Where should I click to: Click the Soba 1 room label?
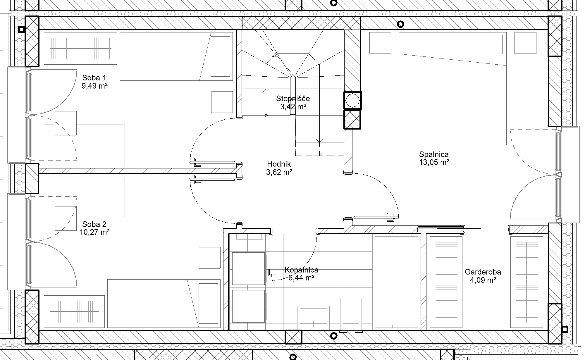click(x=94, y=78)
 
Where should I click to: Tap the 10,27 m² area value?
click(x=94, y=232)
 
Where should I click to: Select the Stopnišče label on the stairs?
click(x=293, y=99)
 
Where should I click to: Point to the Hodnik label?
click(x=279, y=164)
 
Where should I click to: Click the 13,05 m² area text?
click(x=434, y=162)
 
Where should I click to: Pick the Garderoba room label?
click(x=483, y=272)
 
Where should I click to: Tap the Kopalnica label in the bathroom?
click(x=301, y=270)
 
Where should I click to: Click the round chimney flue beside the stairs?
click(x=352, y=101)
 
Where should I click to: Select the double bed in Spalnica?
click(x=453, y=89)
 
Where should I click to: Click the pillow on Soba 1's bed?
click(x=221, y=56)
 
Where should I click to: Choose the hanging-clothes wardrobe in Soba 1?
click(x=80, y=48)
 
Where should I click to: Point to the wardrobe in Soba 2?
click(x=74, y=312)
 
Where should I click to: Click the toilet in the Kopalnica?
click(x=351, y=315)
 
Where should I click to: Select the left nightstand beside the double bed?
click(x=380, y=43)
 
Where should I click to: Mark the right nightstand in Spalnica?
click(x=525, y=43)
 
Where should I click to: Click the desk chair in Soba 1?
click(x=66, y=123)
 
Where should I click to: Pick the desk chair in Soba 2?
click(x=66, y=218)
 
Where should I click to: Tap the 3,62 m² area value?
click(x=279, y=172)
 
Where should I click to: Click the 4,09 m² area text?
click(x=483, y=280)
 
